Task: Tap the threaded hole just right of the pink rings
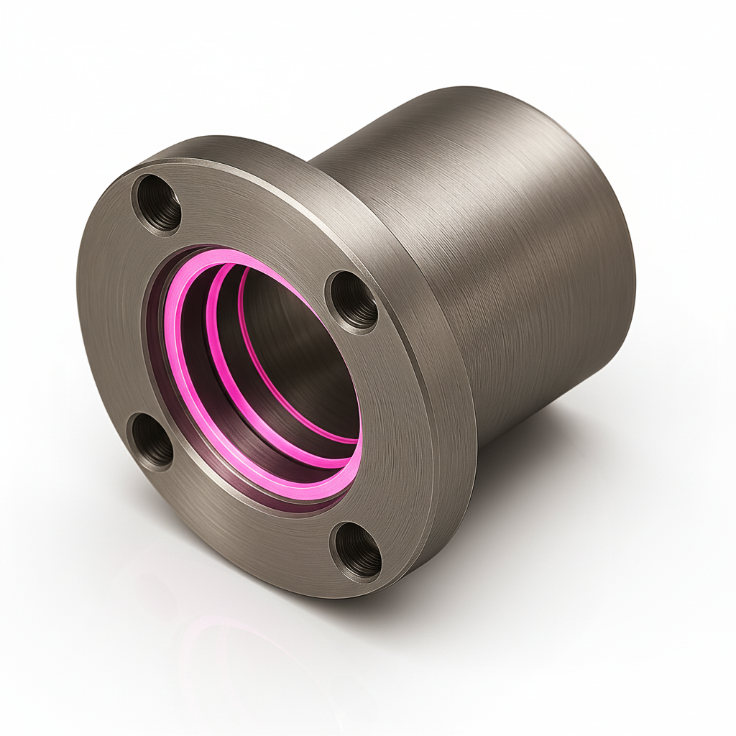[354, 300]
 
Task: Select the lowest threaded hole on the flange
[356, 551]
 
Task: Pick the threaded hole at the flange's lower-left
[151, 441]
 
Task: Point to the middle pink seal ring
[216, 338]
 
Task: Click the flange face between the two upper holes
[259, 216]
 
